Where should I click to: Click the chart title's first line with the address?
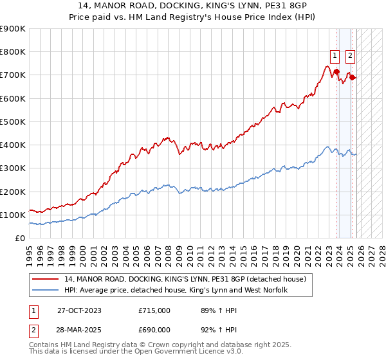[x=193, y=6]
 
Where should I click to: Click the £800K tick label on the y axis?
[x=12, y=52]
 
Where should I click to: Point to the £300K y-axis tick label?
[x=12, y=168]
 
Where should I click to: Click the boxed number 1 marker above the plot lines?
[x=336, y=55]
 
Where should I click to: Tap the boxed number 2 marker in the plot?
[x=350, y=55]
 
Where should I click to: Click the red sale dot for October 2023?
[x=336, y=72]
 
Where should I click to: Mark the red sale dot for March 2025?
[x=352, y=77]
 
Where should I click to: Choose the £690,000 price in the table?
[x=154, y=329]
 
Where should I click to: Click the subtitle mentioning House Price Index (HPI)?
[x=193, y=18]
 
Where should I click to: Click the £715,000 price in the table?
[x=154, y=310]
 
